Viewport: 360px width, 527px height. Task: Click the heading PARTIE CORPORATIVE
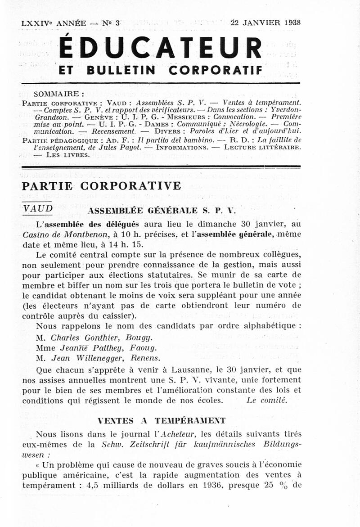pos(101,186)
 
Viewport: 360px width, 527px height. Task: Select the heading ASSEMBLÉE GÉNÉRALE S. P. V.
pos(162,210)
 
